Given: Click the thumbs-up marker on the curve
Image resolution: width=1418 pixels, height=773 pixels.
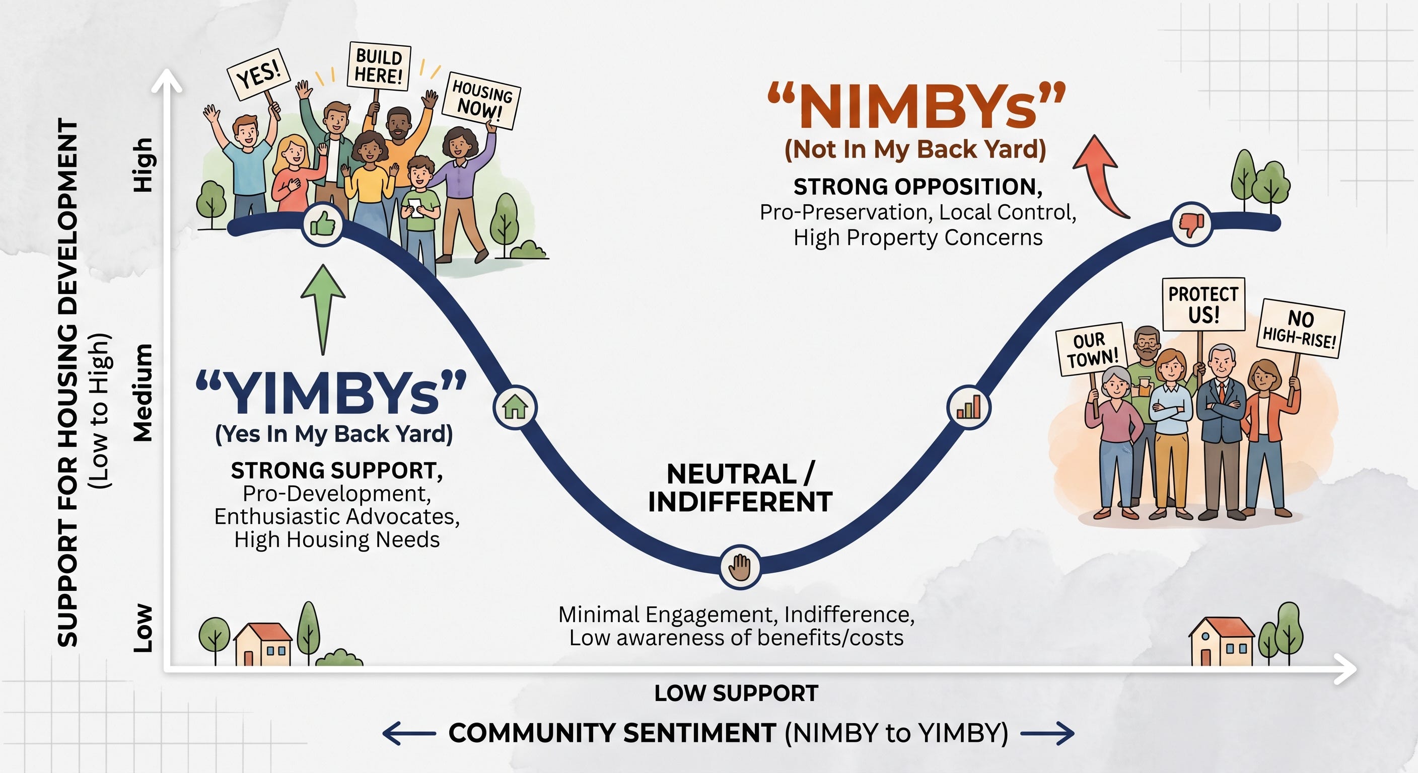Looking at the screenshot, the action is tap(323, 224).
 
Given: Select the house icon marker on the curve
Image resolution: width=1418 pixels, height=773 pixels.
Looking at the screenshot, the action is tap(515, 408).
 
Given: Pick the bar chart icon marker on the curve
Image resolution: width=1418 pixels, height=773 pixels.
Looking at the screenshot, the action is tap(969, 408).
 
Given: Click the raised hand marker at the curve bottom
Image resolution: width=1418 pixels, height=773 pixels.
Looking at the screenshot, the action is tap(740, 567).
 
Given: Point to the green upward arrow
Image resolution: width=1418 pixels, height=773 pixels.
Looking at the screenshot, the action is tap(323, 310).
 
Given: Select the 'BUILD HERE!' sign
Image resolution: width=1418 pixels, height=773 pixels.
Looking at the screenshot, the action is tap(379, 66).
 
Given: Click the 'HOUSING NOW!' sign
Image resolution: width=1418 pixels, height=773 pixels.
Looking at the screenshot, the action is tap(481, 100).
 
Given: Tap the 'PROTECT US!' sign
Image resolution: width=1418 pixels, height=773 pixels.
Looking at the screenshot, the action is tap(1203, 304).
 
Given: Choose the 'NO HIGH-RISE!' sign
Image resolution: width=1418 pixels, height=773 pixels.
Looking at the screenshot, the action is tap(1300, 329).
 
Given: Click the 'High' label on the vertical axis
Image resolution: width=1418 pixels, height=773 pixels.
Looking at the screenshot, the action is tap(143, 165).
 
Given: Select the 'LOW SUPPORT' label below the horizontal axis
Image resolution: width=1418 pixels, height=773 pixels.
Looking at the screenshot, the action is tap(737, 693).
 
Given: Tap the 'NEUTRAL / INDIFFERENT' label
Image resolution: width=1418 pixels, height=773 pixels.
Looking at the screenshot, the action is tap(740, 488).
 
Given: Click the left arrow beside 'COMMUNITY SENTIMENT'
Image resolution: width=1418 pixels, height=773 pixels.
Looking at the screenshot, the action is tap(409, 733).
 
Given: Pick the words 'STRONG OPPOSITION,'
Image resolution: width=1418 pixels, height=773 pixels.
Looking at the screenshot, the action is tap(917, 187).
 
